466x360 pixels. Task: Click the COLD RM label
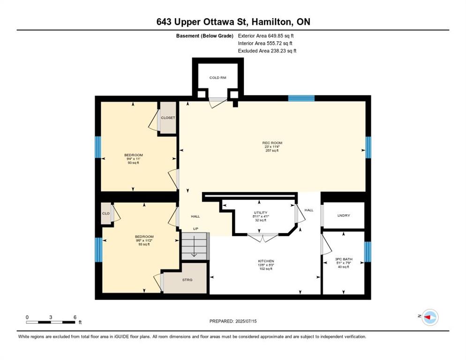[218, 78]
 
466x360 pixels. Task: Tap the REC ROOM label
[272, 142]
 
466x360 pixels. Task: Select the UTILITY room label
[261, 212]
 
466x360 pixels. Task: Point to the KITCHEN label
[266, 261]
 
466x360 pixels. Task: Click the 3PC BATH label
[344, 259]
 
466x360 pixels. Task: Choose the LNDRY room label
[344, 215]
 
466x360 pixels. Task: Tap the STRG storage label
[187, 280]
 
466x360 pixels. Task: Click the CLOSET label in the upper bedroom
[168, 118]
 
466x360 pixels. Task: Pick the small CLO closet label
[106, 213]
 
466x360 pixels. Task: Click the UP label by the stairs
[195, 229]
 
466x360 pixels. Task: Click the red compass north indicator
[428, 317]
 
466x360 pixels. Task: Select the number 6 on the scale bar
[75, 317]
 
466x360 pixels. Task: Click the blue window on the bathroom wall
[368, 252]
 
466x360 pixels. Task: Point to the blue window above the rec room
[301, 98]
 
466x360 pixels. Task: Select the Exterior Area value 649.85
[277, 36]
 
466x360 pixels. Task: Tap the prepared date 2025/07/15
[246, 321]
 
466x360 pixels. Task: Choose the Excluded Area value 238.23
[279, 51]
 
